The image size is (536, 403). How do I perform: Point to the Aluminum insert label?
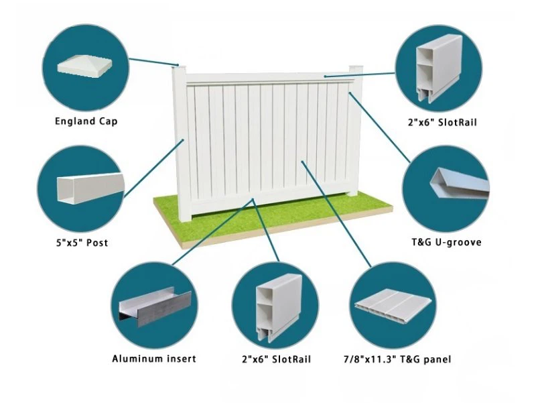[154, 359]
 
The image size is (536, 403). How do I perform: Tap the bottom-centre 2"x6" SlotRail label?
[277, 359]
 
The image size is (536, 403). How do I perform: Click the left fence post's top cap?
[177, 68]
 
